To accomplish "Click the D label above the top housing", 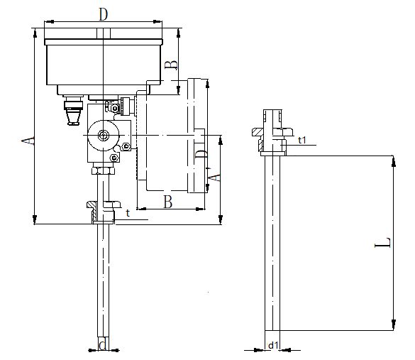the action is pos(104,14).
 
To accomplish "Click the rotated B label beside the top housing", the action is pos(171,65).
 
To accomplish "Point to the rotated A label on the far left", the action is pos(28,141).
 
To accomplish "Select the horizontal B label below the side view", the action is pos(168,202).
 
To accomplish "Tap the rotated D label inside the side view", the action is pos(201,154).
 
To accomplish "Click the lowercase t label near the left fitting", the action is pos(128,213).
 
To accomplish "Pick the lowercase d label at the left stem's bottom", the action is pos(103,344).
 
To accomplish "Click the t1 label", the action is pos(302,140).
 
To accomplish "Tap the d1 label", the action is pos(273,345).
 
